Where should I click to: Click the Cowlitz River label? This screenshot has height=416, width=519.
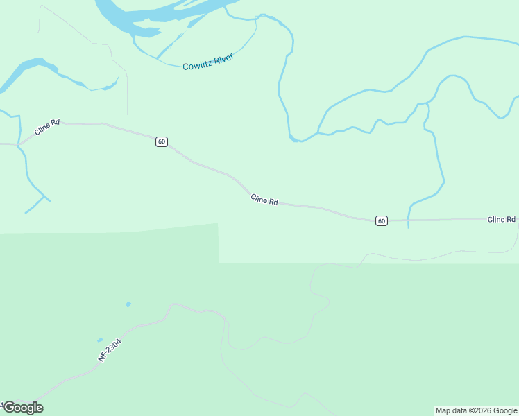coord(208,62)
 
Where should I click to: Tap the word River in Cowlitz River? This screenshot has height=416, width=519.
coord(223,58)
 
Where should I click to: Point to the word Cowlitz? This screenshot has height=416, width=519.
coord(197,65)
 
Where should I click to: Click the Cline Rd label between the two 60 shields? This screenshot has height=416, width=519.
coord(264,200)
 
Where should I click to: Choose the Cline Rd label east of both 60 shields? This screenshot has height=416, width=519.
coord(501,219)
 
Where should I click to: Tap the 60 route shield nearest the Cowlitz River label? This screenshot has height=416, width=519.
coord(162,141)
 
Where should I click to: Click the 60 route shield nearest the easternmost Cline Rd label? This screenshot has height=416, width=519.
coord(382,220)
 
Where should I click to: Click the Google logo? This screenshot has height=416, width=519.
coord(23,408)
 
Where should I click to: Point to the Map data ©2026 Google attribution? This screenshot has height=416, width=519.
coord(477,410)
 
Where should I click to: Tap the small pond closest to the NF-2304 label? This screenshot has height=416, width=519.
coord(101,340)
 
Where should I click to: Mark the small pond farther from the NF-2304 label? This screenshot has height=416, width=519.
coord(128,304)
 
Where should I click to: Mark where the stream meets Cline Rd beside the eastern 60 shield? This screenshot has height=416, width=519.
coord(408,220)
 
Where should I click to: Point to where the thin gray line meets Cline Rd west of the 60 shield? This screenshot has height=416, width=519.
coord(128,129)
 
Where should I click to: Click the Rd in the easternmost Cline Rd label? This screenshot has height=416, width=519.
coord(511,219)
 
